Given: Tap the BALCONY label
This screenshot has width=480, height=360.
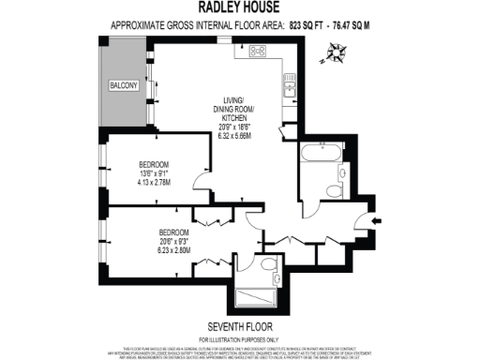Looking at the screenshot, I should click(x=124, y=86).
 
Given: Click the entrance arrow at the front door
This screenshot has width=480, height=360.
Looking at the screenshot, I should click(x=376, y=221).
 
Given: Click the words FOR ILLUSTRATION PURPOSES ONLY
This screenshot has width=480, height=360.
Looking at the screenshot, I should click(x=240, y=337).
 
